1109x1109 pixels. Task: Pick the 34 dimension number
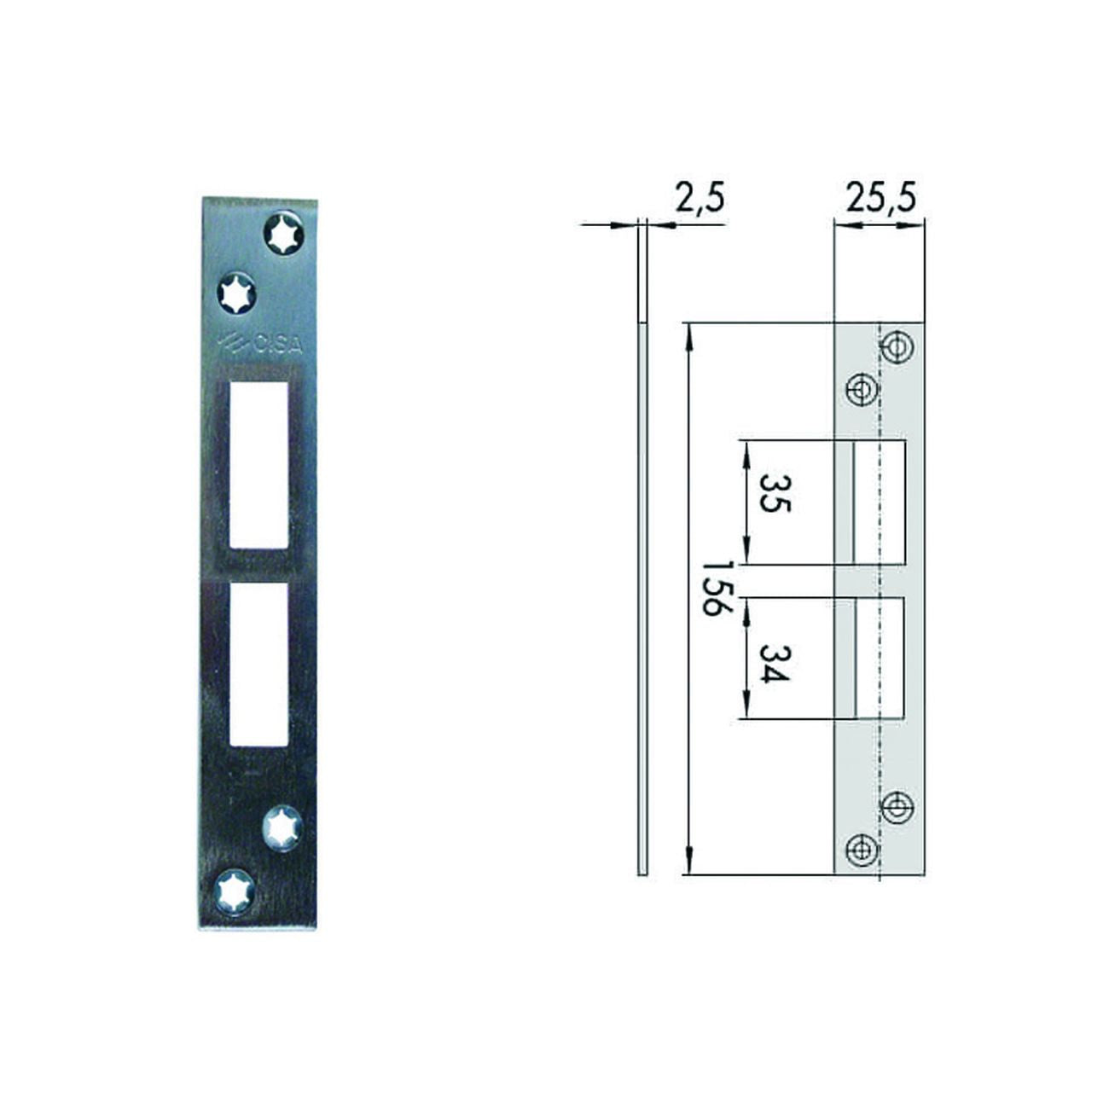(772, 663)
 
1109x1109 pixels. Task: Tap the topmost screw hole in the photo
(282, 233)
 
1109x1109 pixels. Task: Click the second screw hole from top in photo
(236, 293)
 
